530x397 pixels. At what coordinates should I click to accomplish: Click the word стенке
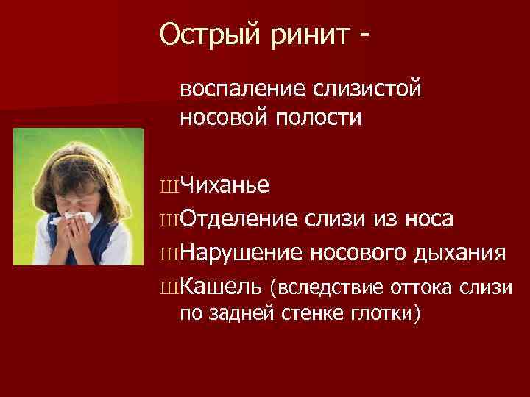pos(310,314)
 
